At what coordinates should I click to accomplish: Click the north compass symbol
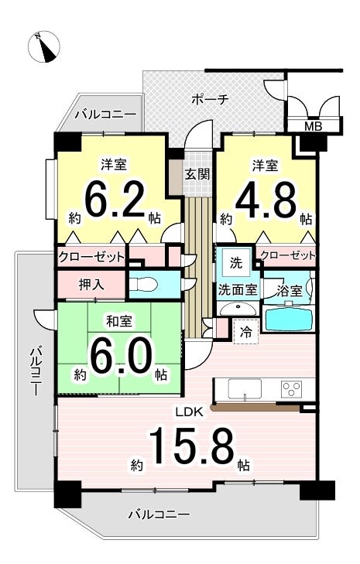[44, 46]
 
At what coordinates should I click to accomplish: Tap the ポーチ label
[210, 99]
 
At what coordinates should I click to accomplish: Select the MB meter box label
[314, 126]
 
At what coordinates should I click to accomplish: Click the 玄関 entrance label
[197, 174]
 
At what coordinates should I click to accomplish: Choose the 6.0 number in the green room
[120, 356]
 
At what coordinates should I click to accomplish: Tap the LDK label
[190, 412]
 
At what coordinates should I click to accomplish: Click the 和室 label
[118, 321]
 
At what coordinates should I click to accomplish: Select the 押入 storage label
[92, 285]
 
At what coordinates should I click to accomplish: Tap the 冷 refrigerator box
[246, 332]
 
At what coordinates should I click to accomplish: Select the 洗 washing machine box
[236, 262]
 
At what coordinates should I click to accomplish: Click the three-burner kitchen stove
[292, 389]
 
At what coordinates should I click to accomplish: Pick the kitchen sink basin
[245, 389]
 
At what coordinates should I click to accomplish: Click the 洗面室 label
[238, 289]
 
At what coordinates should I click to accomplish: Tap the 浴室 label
[290, 291]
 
